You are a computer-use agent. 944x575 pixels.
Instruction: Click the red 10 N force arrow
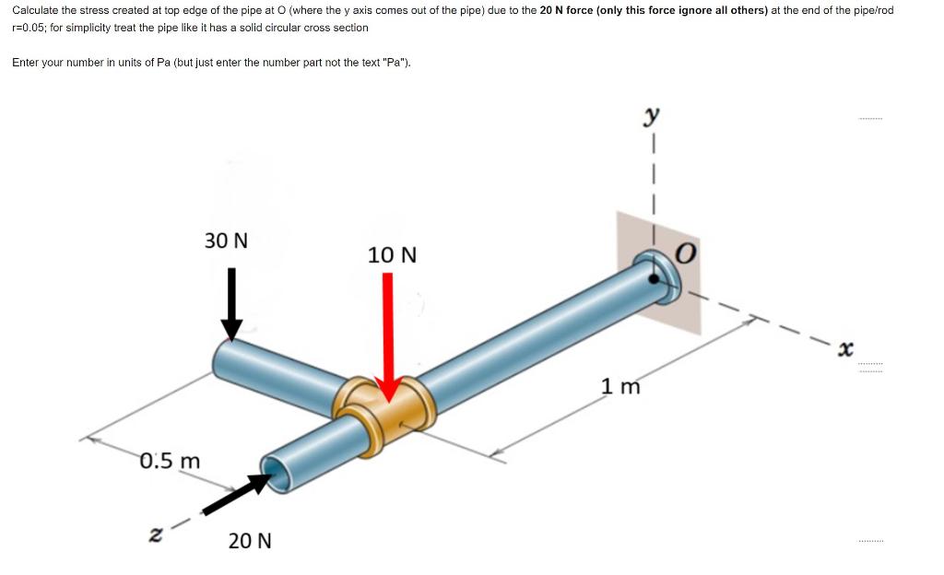388,337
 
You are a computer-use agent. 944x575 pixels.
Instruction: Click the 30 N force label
226,241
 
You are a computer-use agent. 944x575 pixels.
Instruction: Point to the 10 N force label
392,255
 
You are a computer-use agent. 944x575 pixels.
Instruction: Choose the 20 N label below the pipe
250,541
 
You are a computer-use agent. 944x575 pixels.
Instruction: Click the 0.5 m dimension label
170,461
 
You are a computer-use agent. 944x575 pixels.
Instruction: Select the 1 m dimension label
620,385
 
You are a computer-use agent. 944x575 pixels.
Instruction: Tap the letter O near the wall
686,253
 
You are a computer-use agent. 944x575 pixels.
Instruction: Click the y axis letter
651,115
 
